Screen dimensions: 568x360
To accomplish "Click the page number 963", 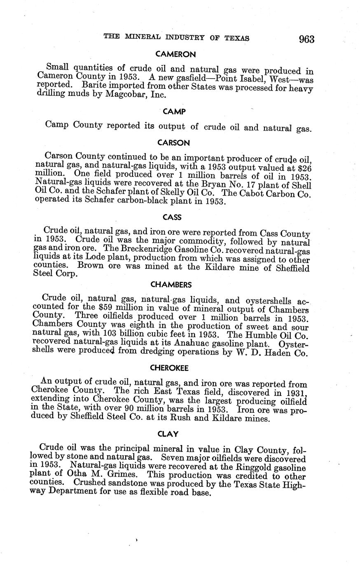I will [307, 39].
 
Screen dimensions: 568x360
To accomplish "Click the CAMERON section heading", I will [175, 54].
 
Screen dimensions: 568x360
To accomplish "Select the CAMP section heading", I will [174, 112].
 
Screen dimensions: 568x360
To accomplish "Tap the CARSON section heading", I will [173, 143].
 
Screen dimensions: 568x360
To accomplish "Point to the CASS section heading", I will [172, 217].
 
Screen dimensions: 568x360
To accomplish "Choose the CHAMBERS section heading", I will [171, 284].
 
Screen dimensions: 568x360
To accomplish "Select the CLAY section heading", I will [169, 433].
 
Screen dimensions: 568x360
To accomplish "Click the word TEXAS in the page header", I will [237, 38].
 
